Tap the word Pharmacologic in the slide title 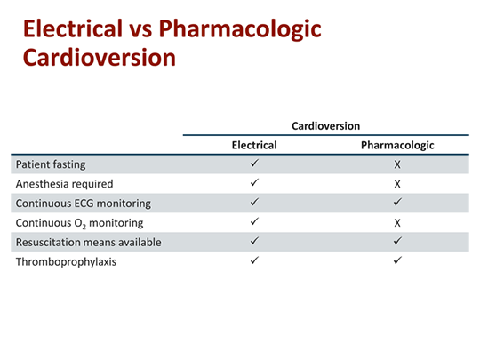tap(241, 28)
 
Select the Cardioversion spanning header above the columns tap(325, 126)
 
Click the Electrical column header tap(254, 145)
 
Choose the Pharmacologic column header tap(397, 145)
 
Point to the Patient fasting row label tap(51, 164)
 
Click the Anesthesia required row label tap(64, 184)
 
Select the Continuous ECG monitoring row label tap(83, 203)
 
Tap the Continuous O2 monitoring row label tap(79, 222)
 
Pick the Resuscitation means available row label tap(89, 241)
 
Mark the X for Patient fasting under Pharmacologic tap(397, 165)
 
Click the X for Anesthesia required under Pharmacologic tap(397, 184)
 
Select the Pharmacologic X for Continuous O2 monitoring tap(397, 222)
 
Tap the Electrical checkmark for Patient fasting tap(254, 164)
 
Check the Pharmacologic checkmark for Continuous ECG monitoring tap(397, 203)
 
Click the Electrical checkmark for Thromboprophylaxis tap(254, 260)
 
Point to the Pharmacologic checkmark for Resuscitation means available tap(397, 241)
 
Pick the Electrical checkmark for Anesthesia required tap(254, 183)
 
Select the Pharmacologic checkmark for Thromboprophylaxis tap(397, 260)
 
